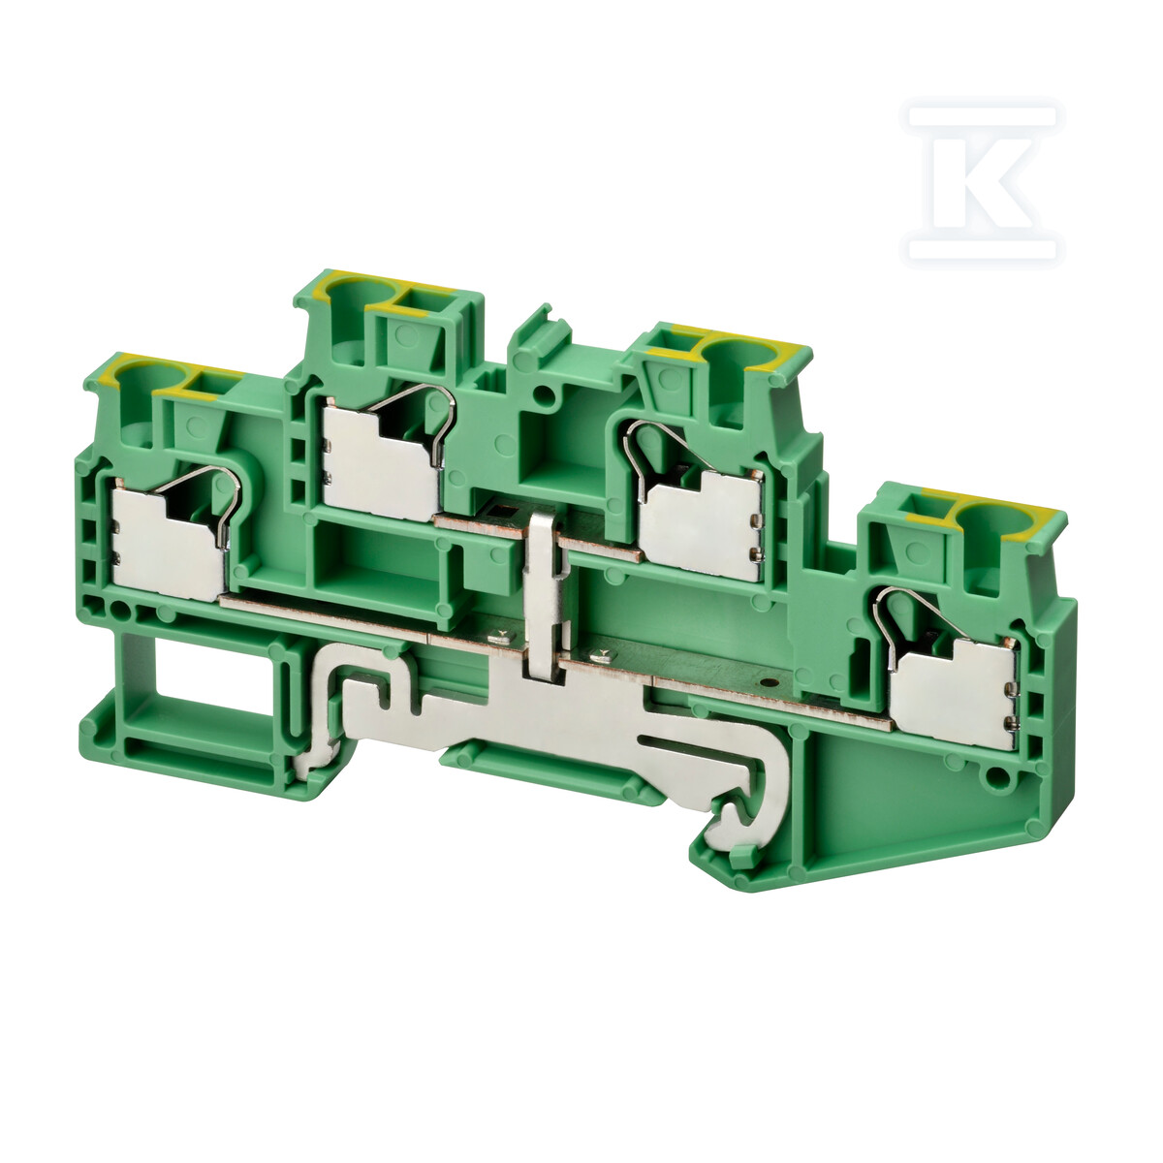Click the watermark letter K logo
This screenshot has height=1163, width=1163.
983,183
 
